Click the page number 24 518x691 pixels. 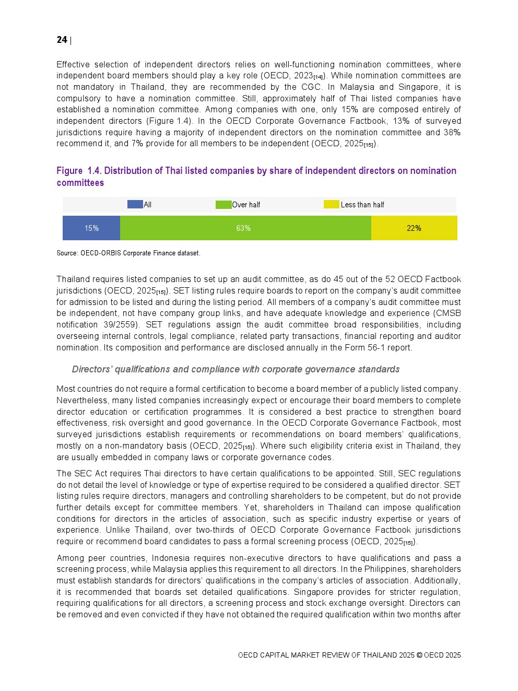tap(62, 40)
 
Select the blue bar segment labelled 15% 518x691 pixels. tap(91, 228)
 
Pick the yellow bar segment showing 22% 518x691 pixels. tap(414, 228)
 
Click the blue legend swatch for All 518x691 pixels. tap(135, 204)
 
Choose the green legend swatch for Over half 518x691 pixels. tap(223, 204)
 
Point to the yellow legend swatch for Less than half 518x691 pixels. tap(331, 204)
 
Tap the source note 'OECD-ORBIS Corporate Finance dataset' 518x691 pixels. tap(140, 253)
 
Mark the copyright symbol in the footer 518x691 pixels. tap(419, 655)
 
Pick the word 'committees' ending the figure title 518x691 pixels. tap(80, 183)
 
